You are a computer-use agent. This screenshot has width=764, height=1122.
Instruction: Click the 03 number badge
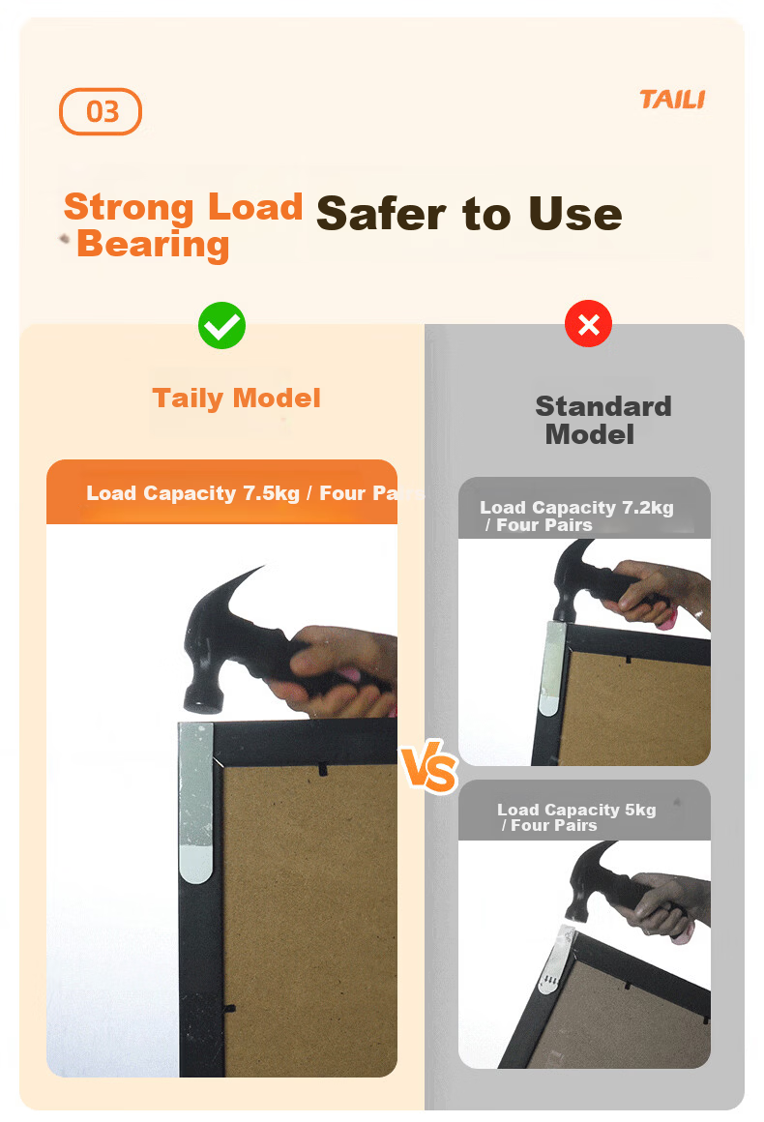pos(101,111)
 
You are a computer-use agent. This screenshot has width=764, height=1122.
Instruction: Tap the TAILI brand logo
pos(672,100)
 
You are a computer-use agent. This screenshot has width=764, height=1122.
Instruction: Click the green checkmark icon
pos(221,326)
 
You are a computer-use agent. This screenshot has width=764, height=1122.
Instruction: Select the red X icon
pos(588,324)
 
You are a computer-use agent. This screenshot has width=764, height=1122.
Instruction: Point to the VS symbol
pos(429,767)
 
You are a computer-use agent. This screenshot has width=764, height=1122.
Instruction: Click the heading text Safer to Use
pos(469,214)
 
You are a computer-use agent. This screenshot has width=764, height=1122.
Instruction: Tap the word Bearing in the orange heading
pos(153,244)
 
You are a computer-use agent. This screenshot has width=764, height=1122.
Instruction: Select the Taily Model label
pos(236,399)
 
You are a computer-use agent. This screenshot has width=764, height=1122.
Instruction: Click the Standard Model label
pos(603,420)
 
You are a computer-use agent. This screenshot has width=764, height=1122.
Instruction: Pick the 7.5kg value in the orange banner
pos(271,493)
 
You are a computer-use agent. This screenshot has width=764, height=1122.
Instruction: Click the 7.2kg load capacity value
pos(647,508)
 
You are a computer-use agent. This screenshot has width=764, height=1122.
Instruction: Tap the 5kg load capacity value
pos(640,810)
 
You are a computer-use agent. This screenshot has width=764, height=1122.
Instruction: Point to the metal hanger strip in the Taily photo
pos(195,803)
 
